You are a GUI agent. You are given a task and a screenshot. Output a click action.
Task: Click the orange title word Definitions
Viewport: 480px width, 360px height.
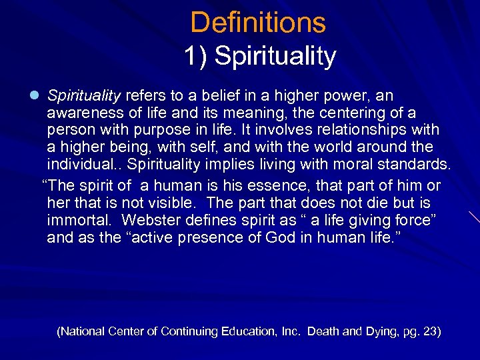click(x=258, y=23)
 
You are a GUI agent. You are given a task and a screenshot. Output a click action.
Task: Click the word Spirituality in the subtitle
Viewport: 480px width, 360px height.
click(x=276, y=57)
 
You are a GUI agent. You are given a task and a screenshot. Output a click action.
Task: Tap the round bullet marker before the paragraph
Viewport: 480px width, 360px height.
click(x=34, y=96)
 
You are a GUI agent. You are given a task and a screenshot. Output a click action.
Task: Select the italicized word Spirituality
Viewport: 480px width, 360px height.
click(x=84, y=95)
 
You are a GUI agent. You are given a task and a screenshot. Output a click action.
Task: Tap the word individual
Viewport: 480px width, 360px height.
click(x=83, y=164)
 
